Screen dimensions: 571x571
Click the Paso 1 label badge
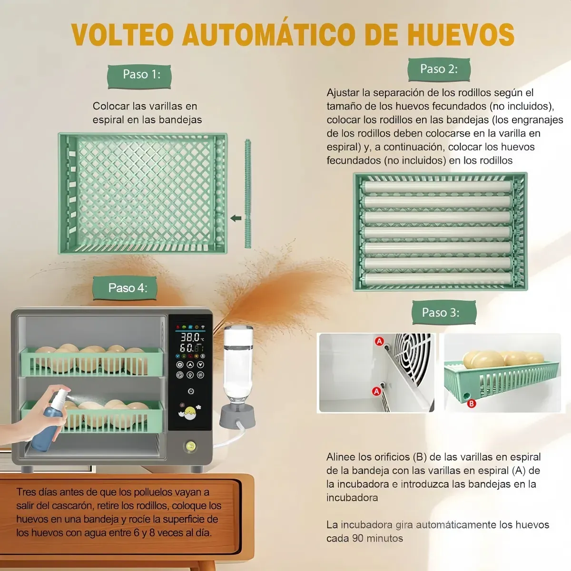(x=139, y=77)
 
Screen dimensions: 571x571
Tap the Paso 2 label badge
(x=439, y=69)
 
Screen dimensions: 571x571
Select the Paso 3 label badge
(x=444, y=312)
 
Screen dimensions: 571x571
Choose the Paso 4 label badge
(x=125, y=288)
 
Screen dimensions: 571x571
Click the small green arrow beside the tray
(x=236, y=218)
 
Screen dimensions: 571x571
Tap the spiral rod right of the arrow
(x=248, y=194)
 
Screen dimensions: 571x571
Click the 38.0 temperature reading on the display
(x=190, y=337)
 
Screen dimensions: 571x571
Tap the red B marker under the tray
(x=471, y=404)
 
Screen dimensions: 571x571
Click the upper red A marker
(x=379, y=341)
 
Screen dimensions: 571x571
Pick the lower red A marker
(x=376, y=392)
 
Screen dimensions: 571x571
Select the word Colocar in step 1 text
(x=111, y=106)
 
